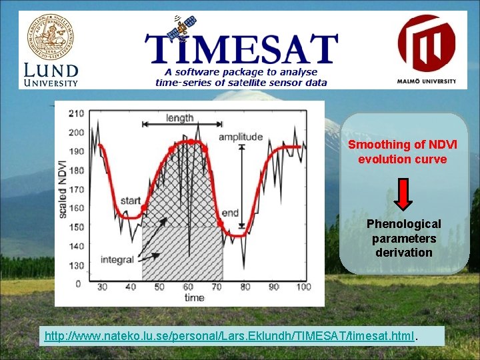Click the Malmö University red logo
coord(427,43)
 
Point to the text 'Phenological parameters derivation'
coord(403,238)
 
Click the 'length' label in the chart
coord(180,118)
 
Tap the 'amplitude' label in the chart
coord(241,137)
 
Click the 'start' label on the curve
coord(131,200)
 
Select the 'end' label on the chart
coord(230,213)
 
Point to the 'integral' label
coord(118,259)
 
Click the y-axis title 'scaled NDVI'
coord(63,189)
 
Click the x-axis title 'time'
coord(195,297)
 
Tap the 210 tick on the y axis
coord(76,113)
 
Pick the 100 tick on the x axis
coord(303,287)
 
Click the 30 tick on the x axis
coord(102,287)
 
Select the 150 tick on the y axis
coord(76,227)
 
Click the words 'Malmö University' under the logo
coord(427,81)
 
